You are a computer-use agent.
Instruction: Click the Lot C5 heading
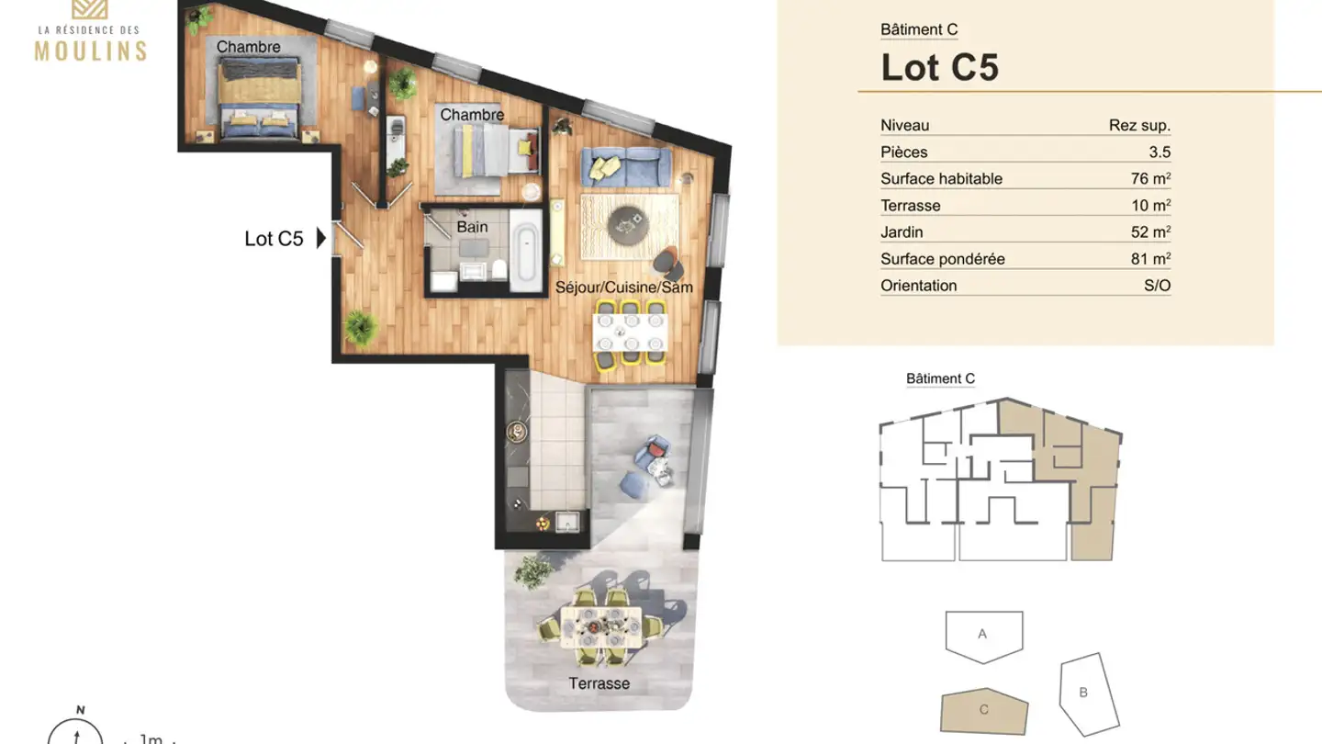click(x=939, y=67)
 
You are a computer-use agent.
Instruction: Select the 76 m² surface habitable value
click(x=1150, y=179)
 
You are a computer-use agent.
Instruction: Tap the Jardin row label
click(x=902, y=232)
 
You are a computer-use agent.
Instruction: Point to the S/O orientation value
click(x=1157, y=286)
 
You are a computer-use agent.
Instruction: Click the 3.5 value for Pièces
click(x=1160, y=152)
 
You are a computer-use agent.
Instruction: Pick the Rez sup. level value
click(x=1139, y=126)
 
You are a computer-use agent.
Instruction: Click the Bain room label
click(x=472, y=227)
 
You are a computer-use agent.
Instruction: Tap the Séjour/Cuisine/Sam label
click(x=623, y=287)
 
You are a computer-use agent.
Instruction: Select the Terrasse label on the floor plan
click(x=599, y=683)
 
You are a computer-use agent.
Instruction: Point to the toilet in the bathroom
click(x=499, y=269)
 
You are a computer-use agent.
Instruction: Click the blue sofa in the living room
click(x=623, y=166)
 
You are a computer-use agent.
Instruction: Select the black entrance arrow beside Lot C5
click(x=320, y=239)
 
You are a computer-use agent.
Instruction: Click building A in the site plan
click(x=983, y=635)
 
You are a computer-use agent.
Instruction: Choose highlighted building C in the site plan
click(x=984, y=710)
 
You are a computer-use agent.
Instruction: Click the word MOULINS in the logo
click(x=90, y=50)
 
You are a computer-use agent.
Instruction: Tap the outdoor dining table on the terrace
click(x=601, y=627)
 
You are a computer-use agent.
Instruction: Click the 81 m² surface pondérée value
click(x=1150, y=259)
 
